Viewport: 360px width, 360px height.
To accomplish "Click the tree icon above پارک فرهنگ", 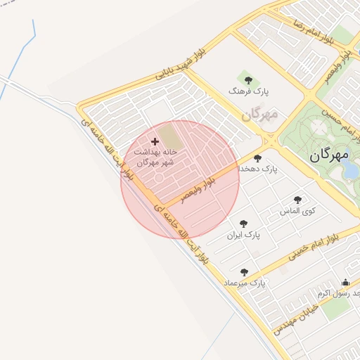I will pos(246,77).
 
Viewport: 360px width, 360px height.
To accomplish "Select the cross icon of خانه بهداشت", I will pos(155,141).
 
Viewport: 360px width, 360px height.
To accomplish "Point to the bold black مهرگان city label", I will pos(334,156).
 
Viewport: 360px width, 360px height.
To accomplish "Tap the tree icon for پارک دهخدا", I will pos(258,158).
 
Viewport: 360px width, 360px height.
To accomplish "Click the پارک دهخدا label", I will pos(258,169).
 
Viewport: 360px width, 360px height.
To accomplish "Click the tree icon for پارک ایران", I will pos(243,223).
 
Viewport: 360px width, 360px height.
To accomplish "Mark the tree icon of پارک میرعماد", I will pos(244,271).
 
